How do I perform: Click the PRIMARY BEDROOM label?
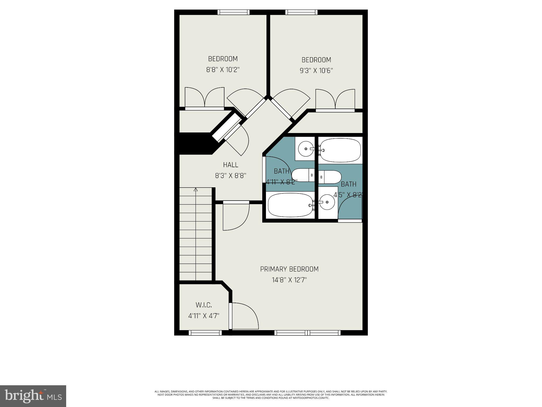(289, 269)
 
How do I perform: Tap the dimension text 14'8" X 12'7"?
(289, 280)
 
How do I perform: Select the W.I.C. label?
(204, 305)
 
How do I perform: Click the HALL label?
(231, 165)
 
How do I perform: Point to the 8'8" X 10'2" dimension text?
(223, 70)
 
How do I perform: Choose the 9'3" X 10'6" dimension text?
(316, 71)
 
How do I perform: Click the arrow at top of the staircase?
(196, 190)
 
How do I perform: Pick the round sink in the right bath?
(327, 202)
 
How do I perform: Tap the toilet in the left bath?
(302, 175)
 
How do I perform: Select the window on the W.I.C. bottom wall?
(205, 333)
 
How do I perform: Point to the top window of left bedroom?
(233, 12)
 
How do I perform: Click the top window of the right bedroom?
(301, 12)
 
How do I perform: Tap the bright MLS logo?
(33, 396)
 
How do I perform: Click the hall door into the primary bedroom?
(236, 216)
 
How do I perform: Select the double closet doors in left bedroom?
(205, 98)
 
